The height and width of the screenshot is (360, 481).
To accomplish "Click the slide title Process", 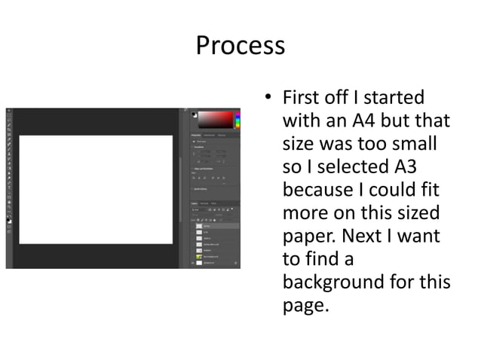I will pyautogui.click(x=240, y=45).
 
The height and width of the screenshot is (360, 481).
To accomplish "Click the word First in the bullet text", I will pyautogui.click(x=299, y=99).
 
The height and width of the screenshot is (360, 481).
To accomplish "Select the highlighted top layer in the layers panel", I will pyautogui.click(x=215, y=225).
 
